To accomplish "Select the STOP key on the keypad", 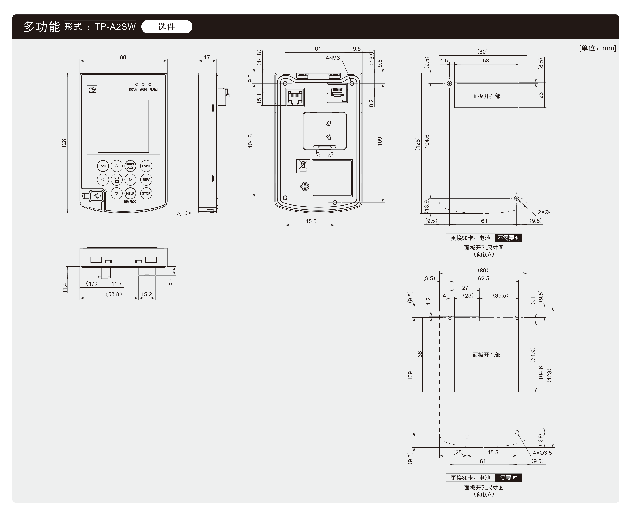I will (x=146, y=193).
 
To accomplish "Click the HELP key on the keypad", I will (x=130, y=193).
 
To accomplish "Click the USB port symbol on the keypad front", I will (x=96, y=196).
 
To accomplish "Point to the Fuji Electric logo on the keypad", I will (x=92, y=90).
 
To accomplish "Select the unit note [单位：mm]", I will (x=597, y=48).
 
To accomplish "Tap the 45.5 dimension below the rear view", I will (x=311, y=221).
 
